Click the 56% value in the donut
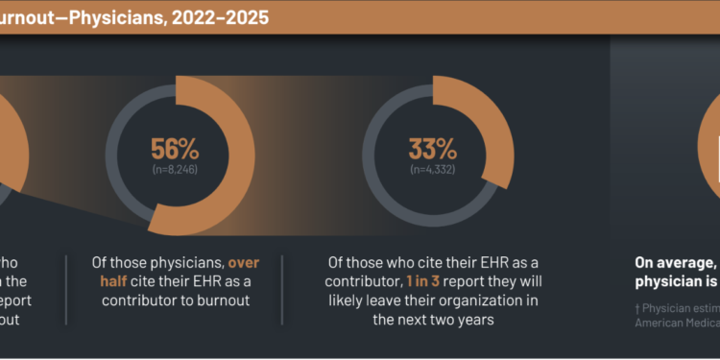(x=175, y=149)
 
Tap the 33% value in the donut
(x=433, y=149)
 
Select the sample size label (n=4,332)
(x=433, y=170)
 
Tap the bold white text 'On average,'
(x=675, y=236)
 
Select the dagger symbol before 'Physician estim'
(x=637, y=281)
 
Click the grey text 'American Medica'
(x=679, y=297)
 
